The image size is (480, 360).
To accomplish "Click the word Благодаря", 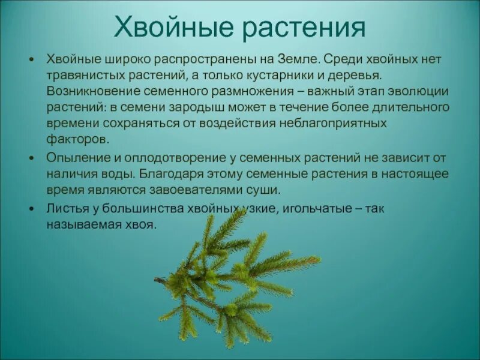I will [161, 175].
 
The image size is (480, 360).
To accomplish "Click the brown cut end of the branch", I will [157, 279].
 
